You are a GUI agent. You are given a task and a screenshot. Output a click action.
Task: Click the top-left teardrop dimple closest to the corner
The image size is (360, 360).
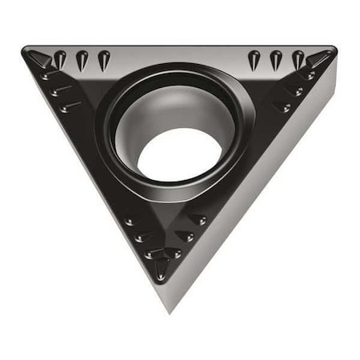60,58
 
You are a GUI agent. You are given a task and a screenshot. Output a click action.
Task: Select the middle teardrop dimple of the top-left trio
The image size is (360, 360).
82,58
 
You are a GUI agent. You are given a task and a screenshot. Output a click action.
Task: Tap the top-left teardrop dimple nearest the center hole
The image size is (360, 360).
103,58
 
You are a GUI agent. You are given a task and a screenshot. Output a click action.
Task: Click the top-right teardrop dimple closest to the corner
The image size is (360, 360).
298,58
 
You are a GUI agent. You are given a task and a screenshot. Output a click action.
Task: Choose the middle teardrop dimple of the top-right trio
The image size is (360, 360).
276,58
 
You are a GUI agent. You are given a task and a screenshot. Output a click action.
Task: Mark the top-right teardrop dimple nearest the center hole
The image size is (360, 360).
254,58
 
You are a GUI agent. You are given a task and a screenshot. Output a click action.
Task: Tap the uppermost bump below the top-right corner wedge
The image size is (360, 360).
307,77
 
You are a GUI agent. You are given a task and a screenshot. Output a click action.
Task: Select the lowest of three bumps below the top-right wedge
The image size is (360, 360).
282,106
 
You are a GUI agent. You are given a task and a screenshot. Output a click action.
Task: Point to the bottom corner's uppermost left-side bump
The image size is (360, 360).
132,221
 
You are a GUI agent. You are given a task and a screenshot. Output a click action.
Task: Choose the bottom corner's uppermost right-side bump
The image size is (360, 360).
197,219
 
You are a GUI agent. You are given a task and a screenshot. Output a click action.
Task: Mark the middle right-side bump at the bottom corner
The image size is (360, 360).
186,236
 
